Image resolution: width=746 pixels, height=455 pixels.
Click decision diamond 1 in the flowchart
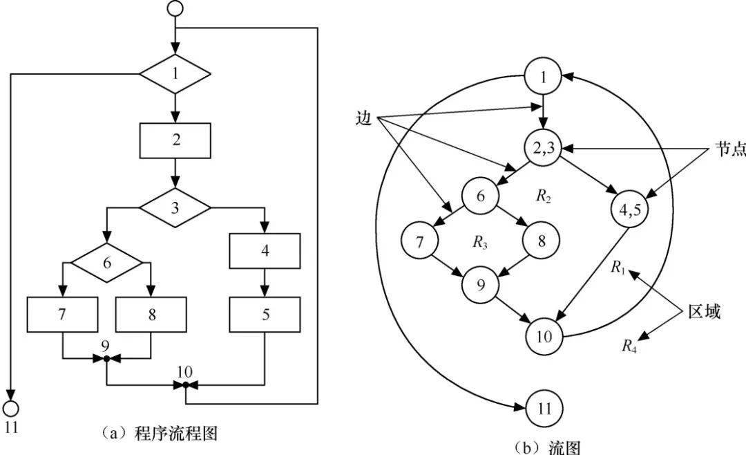click(x=175, y=71)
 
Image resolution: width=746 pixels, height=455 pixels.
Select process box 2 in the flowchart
click(x=175, y=140)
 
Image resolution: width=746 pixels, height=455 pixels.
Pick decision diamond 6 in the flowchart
click(x=106, y=262)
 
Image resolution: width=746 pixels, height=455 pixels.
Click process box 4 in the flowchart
click(x=265, y=251)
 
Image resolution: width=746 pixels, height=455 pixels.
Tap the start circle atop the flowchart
click(x=175, y=9)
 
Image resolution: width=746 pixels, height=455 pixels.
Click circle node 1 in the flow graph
click(x=544, y=77)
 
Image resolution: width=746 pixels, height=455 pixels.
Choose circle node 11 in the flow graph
click(x=544, y=407)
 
